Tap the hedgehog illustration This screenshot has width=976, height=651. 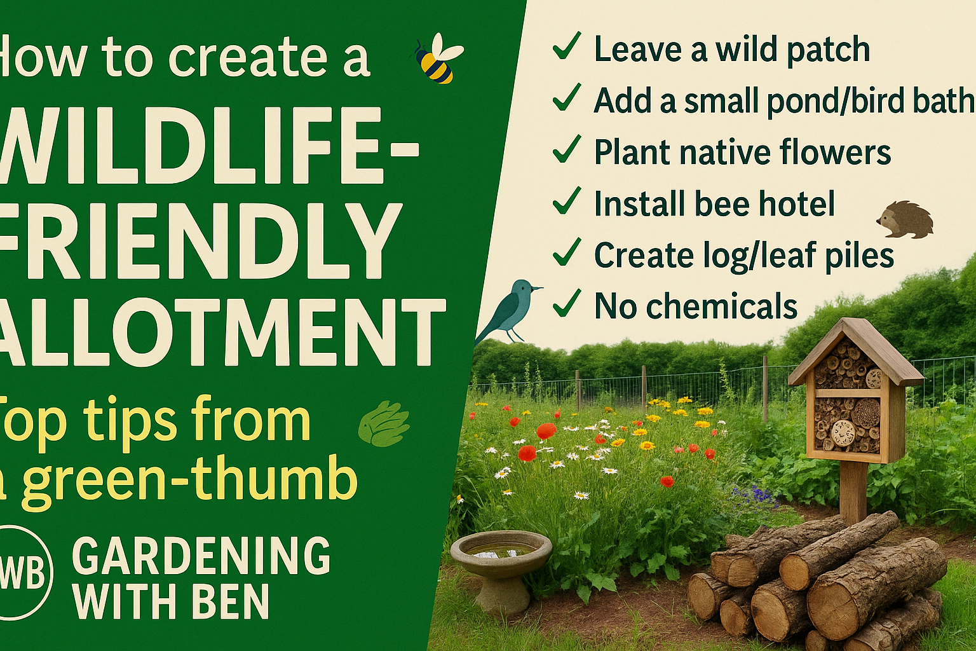pos(905,220)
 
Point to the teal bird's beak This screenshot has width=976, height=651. pos(538,288)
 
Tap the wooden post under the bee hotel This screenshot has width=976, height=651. pos(853,491)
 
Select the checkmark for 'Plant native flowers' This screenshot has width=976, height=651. pos(566,149)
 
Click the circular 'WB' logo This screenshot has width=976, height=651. pos(24,572)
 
